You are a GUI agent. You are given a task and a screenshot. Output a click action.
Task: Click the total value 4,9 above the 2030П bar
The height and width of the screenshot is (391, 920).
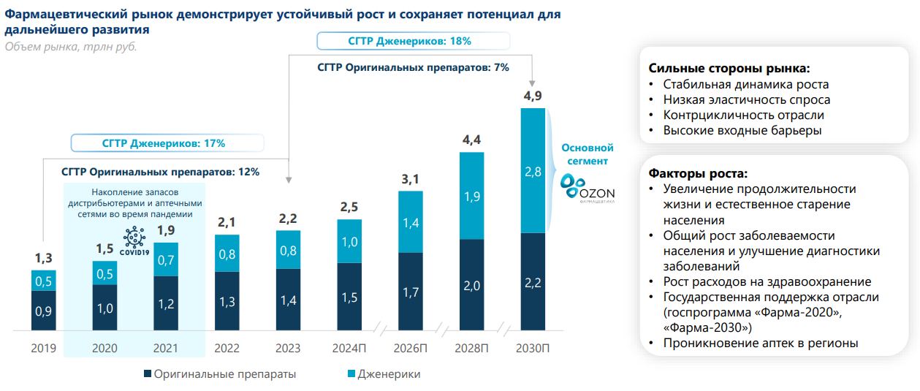point(533,96)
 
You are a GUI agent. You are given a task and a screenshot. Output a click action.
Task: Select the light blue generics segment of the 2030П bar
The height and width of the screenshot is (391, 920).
point(533,171)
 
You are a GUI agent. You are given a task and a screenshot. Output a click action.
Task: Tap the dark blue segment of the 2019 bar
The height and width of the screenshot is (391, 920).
point(44,310)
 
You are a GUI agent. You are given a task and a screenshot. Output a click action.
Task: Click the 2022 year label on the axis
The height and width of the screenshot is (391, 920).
point(227,348)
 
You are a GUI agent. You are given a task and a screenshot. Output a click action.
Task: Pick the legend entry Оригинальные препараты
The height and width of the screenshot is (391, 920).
point(220,374)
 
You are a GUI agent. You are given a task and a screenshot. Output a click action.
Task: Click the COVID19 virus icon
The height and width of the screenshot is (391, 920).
point(134,240)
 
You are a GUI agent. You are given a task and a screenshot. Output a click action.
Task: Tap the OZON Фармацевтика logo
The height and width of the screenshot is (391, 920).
point(588,189)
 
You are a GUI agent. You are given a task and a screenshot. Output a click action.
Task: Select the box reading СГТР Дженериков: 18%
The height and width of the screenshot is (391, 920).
point(409,41)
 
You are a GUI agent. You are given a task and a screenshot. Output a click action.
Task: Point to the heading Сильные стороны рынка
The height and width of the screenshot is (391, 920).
point(729,69)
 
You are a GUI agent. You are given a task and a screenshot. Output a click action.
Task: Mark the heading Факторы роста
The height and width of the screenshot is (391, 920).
point(698,174)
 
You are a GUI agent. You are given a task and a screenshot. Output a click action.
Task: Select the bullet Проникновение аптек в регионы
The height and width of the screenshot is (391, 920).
point(761,343)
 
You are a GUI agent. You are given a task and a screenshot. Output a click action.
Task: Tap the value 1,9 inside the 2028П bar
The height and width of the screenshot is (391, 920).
point(471,196)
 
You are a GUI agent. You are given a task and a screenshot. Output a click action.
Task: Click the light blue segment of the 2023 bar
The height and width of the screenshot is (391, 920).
point(288,249)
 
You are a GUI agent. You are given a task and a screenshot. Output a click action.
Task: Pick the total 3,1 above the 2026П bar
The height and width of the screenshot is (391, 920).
point(410,178)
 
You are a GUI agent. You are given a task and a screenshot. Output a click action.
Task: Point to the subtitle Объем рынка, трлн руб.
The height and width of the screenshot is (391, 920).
point(71,47)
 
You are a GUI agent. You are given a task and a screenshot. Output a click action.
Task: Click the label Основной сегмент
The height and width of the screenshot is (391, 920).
point(587,154)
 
